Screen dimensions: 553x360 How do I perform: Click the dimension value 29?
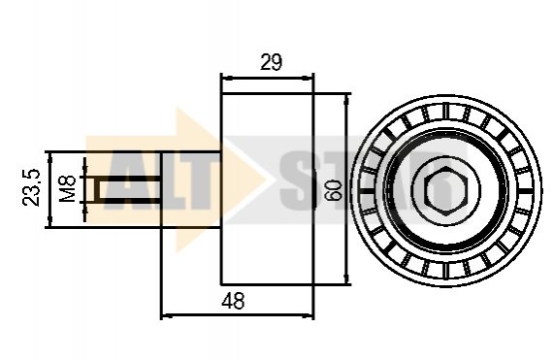coord(272,62)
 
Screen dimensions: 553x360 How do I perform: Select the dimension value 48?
coord(233,301)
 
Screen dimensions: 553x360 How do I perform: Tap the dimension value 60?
coord(334,191)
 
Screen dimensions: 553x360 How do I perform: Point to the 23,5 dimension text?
coord(32,187)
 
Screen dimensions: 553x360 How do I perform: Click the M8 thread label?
coord(67,189)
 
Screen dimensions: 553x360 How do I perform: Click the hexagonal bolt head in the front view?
coord(445,190)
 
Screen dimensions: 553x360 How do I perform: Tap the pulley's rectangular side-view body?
coord(268,189)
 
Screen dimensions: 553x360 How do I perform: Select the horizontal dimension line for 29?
coord(268,78)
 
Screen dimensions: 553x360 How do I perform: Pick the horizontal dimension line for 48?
coord(238,314)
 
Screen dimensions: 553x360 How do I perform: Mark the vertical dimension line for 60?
coord(346,189)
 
